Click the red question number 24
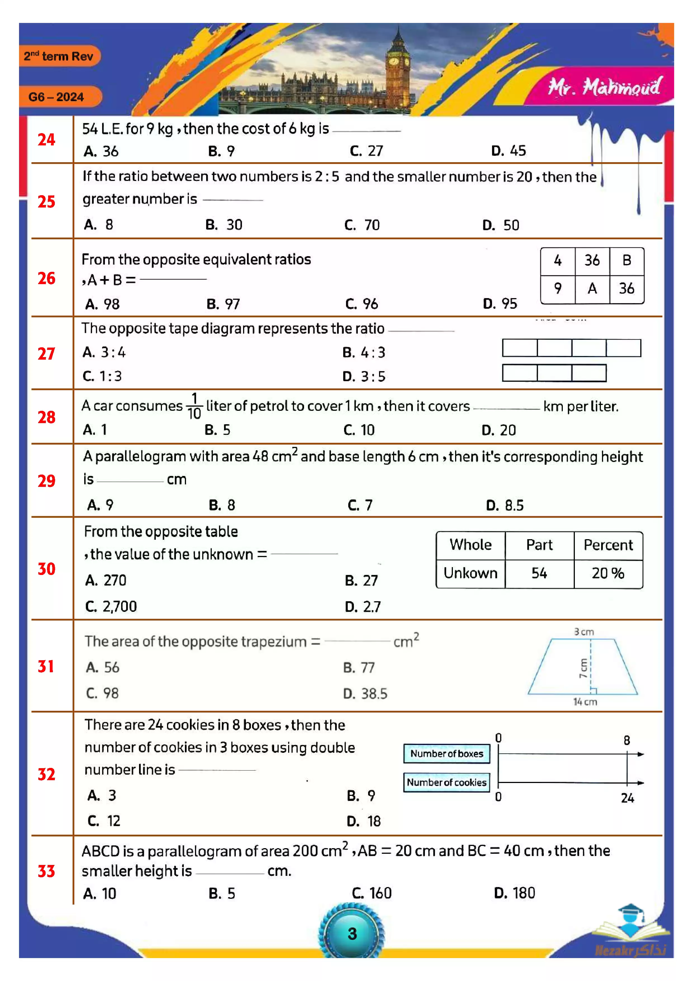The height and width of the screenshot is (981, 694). click(x=46, y=140)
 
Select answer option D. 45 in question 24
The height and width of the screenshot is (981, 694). click(x=509, y=151)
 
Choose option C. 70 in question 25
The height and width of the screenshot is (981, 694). click(x=362, y=225)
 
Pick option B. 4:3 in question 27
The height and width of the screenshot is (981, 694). click(x=364, y=352)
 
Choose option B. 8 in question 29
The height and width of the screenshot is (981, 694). click(x=222, y=505)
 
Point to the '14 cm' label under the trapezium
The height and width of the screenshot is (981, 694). click(x=585, y=702)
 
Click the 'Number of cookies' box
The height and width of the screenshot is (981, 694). click(x=446, y=782)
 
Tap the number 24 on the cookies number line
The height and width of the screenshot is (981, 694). click(x=627, y=798)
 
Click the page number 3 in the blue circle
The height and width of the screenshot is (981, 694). click(x=352, y=933)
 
